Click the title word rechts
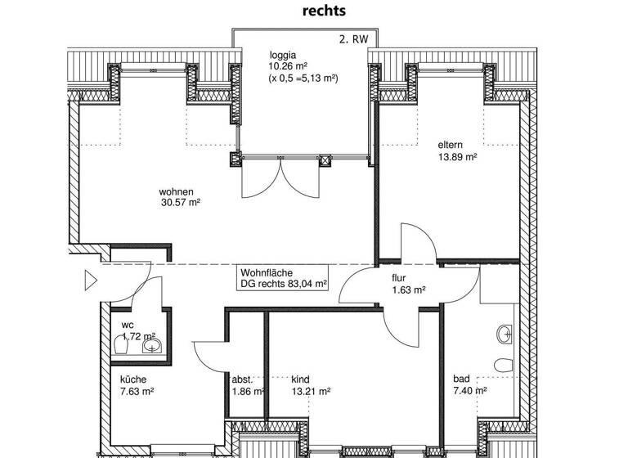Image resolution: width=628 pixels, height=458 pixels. [325, 11]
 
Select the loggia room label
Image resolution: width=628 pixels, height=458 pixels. [284, 56]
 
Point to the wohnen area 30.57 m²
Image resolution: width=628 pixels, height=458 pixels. [181, 204]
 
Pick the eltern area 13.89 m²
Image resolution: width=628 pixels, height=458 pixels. [458, 157]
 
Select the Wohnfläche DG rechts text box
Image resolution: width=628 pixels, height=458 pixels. [283, 278]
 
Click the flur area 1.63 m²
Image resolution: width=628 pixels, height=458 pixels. [407, 290]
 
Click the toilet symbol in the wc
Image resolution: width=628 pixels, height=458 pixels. [122, 347]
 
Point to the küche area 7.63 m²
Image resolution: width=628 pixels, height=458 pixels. [137, 391]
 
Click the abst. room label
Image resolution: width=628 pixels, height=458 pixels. [241, 379]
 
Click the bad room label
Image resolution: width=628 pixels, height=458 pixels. [461, 379]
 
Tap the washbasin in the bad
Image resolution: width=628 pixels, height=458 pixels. [505, 333]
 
